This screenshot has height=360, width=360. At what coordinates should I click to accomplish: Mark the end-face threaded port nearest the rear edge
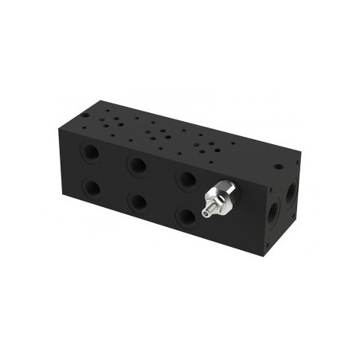[291, 192]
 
